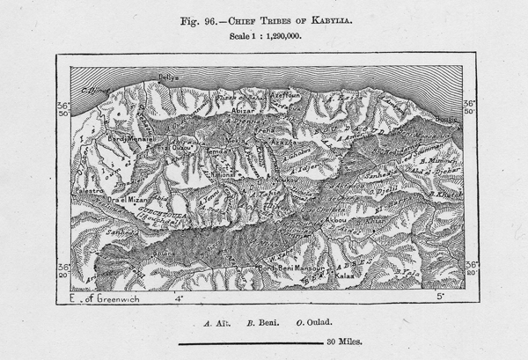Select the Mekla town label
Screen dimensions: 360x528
coord(236,141)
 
